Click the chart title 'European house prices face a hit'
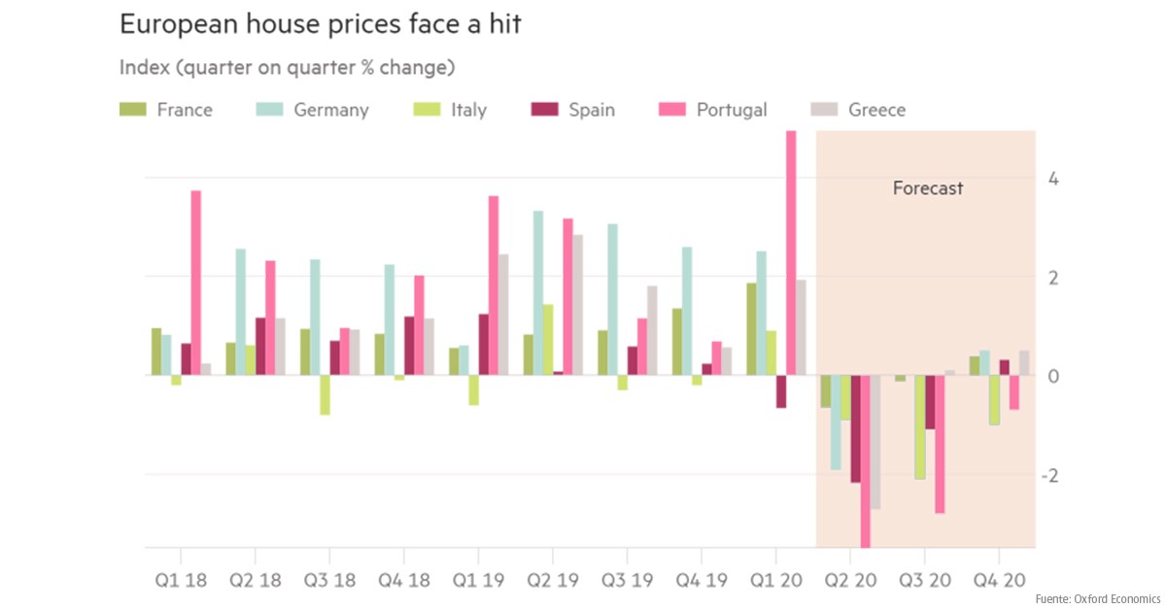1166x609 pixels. click(320, 25)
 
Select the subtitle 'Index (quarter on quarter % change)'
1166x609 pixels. click(288, 68)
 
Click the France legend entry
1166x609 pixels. click(166, 110)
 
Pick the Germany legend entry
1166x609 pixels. click(312, 110)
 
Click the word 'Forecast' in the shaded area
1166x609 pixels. click(928, 188)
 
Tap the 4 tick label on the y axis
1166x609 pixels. click(1053, 180)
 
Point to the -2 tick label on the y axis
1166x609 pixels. click(1050, 476)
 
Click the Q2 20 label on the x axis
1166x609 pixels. click(850, 580)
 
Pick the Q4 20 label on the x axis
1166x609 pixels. click(999, 580)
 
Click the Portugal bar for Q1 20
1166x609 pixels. click(791, 253)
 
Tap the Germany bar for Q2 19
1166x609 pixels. click(538, 292)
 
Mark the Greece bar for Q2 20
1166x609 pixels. click(875, 442)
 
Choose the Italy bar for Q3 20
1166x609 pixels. click(920, 427)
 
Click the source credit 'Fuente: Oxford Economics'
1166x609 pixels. click(1097, 597)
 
